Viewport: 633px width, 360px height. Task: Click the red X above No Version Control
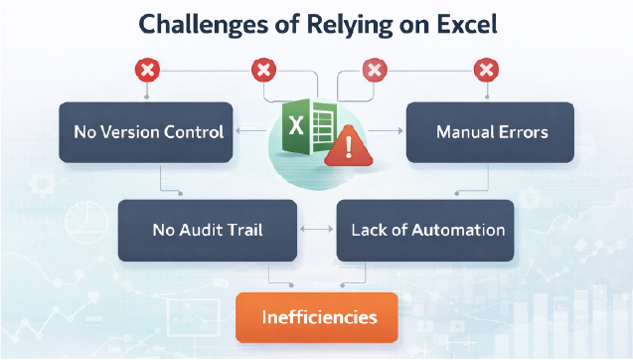[148, 71]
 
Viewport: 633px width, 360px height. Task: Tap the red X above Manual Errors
[485, 71]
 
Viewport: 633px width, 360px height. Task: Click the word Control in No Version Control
[196, 131]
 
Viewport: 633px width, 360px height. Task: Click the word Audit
[201, 230]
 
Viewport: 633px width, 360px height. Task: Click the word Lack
[369, 230]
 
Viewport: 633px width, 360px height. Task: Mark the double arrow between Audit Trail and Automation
[317, 230]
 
